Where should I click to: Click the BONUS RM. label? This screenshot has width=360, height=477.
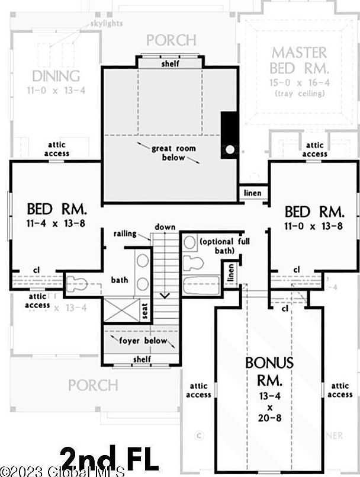[x=269, y=370]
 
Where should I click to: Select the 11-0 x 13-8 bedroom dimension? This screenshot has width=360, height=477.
[x=314, y=226]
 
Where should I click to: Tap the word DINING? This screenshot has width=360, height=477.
[x=56, y=76]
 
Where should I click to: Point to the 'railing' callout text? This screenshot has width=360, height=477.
[x=126, y=234]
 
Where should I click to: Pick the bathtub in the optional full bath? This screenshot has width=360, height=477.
[x=201, y=286]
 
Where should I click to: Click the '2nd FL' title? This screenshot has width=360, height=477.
[x=110, y=459]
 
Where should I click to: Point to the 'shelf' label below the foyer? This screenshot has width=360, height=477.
[x=142, y=359]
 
